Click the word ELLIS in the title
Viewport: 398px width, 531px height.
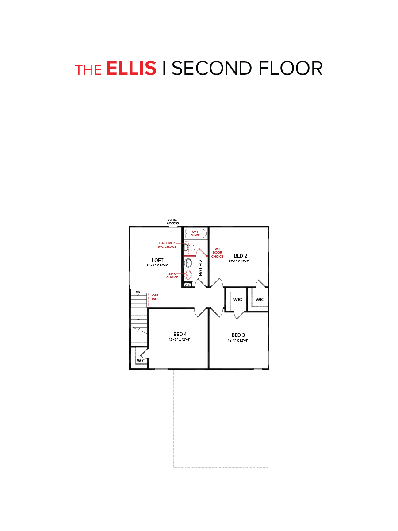pos(131,69)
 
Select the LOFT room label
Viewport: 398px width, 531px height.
pos(157,260)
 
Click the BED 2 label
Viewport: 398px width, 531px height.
pos(240,256)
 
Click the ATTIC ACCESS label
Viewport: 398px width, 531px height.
pos(172,221)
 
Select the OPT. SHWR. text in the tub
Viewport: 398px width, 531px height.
pos(195,233)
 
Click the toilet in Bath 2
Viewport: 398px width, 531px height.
pos(191,247)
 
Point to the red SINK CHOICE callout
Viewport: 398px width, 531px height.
pos(172,276)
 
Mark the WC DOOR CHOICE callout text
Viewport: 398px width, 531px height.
pos(217,252)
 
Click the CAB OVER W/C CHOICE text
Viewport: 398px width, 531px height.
pos(168,245)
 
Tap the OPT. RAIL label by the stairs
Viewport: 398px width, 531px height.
pos(155,296)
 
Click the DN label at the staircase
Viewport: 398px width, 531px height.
pos(138,292)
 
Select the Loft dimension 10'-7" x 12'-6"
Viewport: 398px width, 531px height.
pos(157,265)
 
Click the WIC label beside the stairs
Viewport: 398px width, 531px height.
pos(141,361)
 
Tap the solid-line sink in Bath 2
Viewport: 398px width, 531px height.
pos(189,263)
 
